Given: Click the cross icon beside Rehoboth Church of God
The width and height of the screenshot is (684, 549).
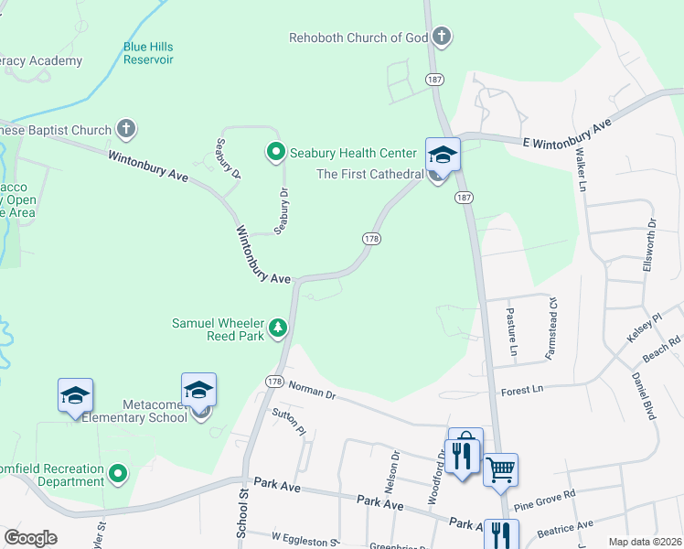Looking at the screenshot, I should [x=442, y=38].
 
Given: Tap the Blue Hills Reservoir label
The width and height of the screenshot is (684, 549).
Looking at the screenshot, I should [x=148, y=53].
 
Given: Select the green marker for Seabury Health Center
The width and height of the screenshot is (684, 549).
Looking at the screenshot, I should [x=274, y=151].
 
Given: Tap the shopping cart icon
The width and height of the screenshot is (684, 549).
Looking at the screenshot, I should [x=500, y=470].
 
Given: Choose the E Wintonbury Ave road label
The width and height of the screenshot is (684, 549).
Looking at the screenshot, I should [x=567, y=132].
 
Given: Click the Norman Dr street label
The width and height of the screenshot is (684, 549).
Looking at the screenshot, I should [x=312, y=391].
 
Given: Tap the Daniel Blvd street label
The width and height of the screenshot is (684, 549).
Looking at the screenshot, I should [x=643, y=395].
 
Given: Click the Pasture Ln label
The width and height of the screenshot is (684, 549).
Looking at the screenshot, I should [x=512, y=331].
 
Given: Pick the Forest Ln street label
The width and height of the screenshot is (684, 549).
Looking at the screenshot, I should [x=522, y=389].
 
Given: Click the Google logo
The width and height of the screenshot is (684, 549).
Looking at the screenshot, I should [x=30, y=538].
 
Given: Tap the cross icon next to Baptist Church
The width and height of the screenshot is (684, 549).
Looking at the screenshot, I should [x=126, y=129].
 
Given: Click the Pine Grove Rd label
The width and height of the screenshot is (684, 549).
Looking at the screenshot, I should [x=544, y=499].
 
